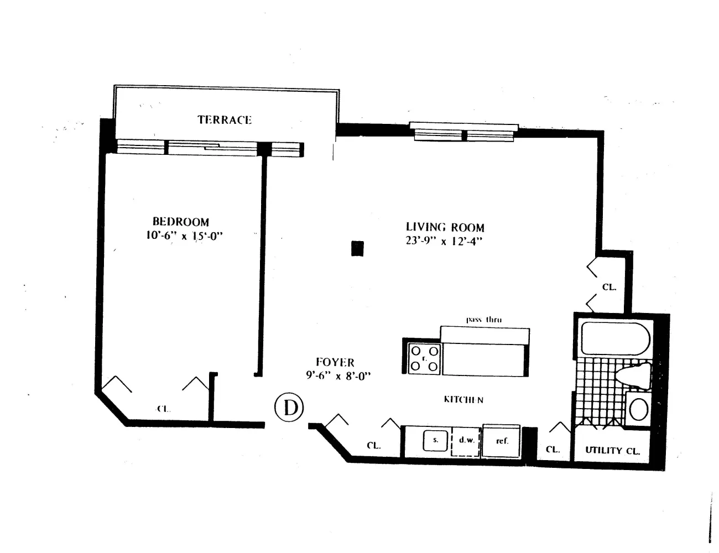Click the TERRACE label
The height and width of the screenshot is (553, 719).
pos(225,119)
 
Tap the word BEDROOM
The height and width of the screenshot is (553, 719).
pos(181,222)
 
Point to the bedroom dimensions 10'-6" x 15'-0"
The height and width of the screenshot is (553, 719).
pos(181,236)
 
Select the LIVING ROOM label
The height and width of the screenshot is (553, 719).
pos(445,227)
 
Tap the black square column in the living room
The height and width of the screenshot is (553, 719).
pos(358,249)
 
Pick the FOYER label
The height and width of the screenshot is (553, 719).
pos(335,362)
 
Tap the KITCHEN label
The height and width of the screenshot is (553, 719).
pos(463,399)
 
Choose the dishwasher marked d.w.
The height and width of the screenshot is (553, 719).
pos(466,441)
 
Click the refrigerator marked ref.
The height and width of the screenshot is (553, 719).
pos(502,441)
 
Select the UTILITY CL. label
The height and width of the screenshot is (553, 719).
pos(613,451)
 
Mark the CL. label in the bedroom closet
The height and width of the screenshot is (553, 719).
pos(163,409)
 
